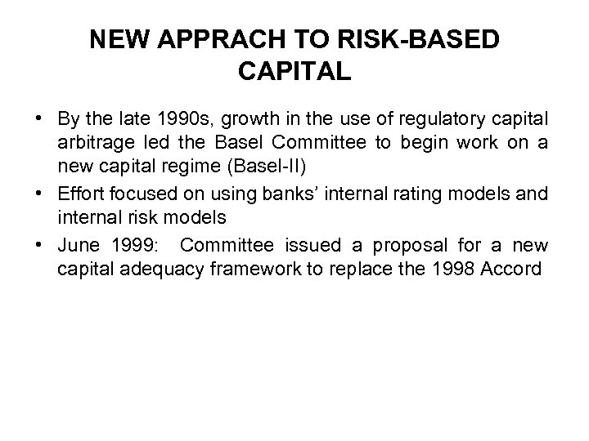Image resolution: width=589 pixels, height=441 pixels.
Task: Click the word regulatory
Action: (461, 115)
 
